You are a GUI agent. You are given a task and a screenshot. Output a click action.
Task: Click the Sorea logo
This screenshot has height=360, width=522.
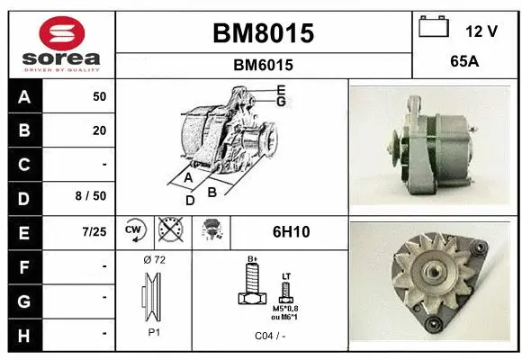coord(60,44)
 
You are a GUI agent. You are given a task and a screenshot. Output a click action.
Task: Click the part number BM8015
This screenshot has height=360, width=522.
coord(263,33)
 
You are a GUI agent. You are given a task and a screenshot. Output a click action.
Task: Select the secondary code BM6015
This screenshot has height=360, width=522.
coord(263,65)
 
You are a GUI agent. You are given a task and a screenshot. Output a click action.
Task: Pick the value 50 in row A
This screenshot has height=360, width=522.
coord(99,96)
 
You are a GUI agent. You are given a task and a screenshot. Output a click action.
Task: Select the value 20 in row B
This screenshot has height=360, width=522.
coord(99,130)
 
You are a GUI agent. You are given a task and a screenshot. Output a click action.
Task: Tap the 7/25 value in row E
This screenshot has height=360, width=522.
coord(93,232)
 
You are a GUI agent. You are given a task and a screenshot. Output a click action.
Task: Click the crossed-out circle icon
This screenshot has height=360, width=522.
coord(168,232)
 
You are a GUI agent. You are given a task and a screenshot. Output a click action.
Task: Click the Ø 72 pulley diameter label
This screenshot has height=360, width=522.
coord(154,260)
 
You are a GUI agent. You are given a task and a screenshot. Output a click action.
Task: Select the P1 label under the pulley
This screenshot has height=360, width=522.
coord(154,332)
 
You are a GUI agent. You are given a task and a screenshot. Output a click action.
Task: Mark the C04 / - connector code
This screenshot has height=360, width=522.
coord(269,337)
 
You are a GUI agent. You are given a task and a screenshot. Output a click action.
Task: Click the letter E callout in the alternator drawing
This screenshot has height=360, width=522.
coord(281,89)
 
